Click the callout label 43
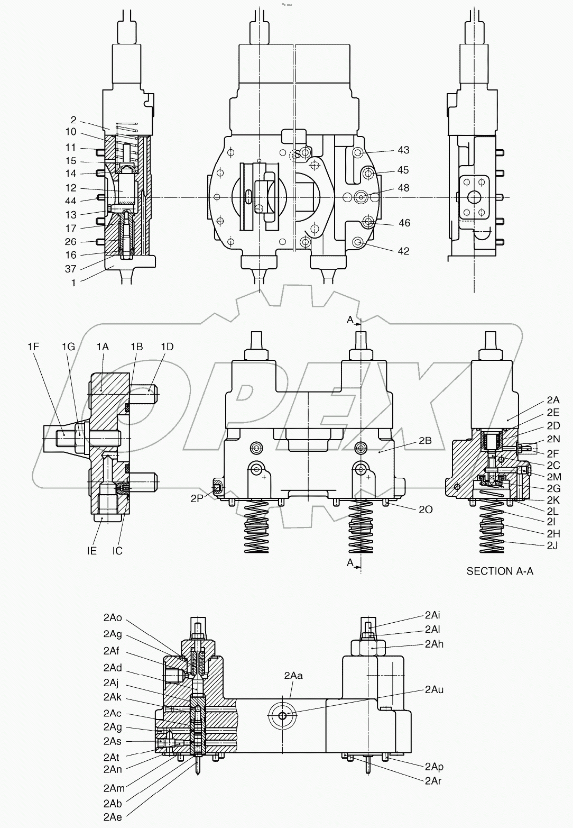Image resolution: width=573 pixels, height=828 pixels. point(403,150)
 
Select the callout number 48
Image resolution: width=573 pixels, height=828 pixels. point(403,188)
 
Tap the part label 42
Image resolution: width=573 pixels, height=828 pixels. point(403,251)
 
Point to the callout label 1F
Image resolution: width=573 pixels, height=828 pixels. point(34,347)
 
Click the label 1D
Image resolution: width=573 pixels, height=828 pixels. point(167,347)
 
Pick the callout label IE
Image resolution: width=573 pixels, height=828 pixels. point(91,551)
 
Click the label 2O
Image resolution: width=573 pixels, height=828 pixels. point(426,509)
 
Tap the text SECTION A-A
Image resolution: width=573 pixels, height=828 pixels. point(500,571)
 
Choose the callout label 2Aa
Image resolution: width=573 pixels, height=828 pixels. point(293,676)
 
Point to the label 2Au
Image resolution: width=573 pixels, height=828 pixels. point(434,690)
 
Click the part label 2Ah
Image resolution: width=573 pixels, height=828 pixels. point(434,644)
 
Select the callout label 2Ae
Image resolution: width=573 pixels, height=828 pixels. point(113,817)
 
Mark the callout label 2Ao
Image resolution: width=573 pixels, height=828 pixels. point(113,618)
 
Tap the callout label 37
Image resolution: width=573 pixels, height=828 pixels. point(71,269)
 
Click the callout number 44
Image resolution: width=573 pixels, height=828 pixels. point(71,201)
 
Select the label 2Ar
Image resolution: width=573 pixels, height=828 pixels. point(434,781)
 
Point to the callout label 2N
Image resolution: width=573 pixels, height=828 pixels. point(553,439)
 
